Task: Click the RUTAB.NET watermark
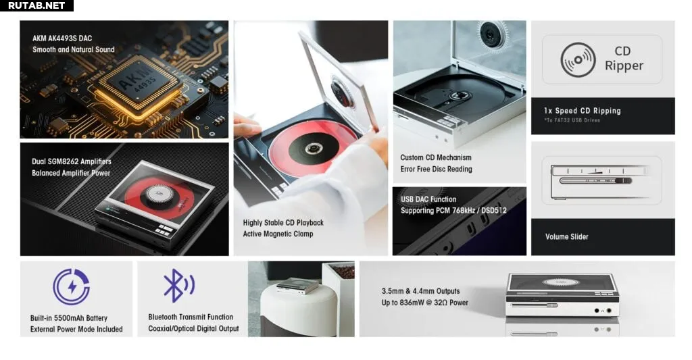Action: tap(36, 5)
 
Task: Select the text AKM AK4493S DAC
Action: tap(62, 38)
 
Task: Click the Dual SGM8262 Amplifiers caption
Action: tap(72, 161)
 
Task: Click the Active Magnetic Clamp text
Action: tap(278, 234)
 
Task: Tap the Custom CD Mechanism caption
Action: tap(436, 157)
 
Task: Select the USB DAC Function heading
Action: tap(428, 199)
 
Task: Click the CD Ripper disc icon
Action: tap(578, 60)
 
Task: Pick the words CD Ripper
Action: tap(624, 58)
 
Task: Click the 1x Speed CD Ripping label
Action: tap(583, 111)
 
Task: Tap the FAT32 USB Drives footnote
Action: tap(572, 120)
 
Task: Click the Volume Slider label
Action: tap(567, 237)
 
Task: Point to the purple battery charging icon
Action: tap(72, 287)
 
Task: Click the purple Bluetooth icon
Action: tap(178, 286)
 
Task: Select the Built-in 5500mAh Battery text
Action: tap(69, 318)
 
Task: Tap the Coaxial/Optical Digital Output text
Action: tap(193, 329)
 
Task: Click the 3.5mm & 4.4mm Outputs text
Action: tap(420, 291)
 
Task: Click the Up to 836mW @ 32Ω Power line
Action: tap(425, 303)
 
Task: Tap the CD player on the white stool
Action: tap(297, 286)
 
